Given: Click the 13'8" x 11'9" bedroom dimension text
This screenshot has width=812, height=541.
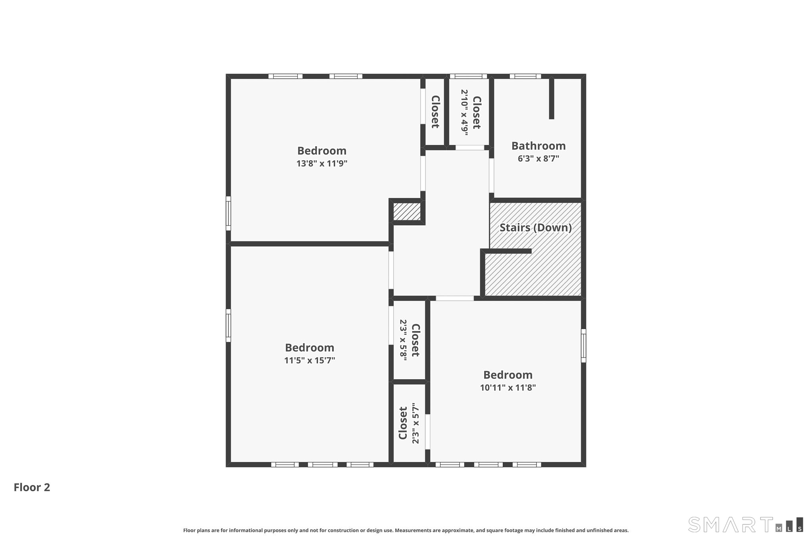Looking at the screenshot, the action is (322, 163).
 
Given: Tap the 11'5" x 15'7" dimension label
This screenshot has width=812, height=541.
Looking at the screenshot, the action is (310, 360).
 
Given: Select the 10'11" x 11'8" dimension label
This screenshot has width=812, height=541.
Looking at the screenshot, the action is (508, 388).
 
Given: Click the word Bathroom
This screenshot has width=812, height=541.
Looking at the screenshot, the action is (538, 146).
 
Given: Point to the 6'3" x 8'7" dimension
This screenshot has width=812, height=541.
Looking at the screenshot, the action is (538, 159).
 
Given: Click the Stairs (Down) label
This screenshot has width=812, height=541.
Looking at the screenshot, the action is (536, 227).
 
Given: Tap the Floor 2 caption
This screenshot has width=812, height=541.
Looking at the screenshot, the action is (32, 487).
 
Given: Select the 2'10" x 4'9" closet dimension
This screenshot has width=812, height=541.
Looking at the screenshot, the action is (464, 113).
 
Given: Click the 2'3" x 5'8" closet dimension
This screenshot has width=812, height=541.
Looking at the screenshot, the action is (403, 340).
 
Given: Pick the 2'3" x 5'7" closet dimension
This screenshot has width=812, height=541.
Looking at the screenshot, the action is (416, 423).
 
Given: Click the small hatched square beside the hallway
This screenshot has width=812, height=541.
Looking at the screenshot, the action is (407, 212).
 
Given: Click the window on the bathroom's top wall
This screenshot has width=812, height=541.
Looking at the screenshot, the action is (525, 76).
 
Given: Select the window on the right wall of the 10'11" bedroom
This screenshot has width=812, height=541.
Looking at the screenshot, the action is (584, 346).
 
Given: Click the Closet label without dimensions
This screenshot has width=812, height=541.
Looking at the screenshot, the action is (435, 112).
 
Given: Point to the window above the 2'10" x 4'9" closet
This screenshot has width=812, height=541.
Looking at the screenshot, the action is (468, 76).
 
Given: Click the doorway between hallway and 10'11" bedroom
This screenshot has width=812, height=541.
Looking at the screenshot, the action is (455, 298).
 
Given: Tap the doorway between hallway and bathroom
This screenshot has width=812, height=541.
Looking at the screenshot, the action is (492, 176).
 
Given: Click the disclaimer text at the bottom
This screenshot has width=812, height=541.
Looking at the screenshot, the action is (406, 530).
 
